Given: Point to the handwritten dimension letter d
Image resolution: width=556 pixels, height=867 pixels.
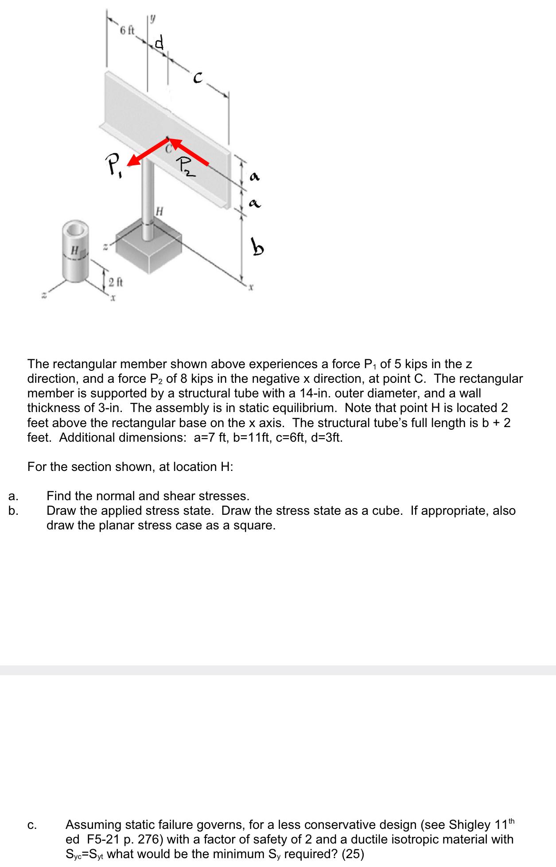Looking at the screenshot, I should pyautogui.click(x=159, y=43).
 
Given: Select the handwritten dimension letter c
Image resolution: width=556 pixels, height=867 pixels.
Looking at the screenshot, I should pyautogui.click(x=198, y=79).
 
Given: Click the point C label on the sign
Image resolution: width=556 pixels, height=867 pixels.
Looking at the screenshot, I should pyautogui.click(x=169, y=149).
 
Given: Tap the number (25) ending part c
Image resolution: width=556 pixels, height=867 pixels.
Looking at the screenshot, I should pyautogui.click(x=353, y=854).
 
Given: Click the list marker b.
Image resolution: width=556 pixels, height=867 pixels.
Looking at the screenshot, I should pyautogui.click(x=13, y=510).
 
